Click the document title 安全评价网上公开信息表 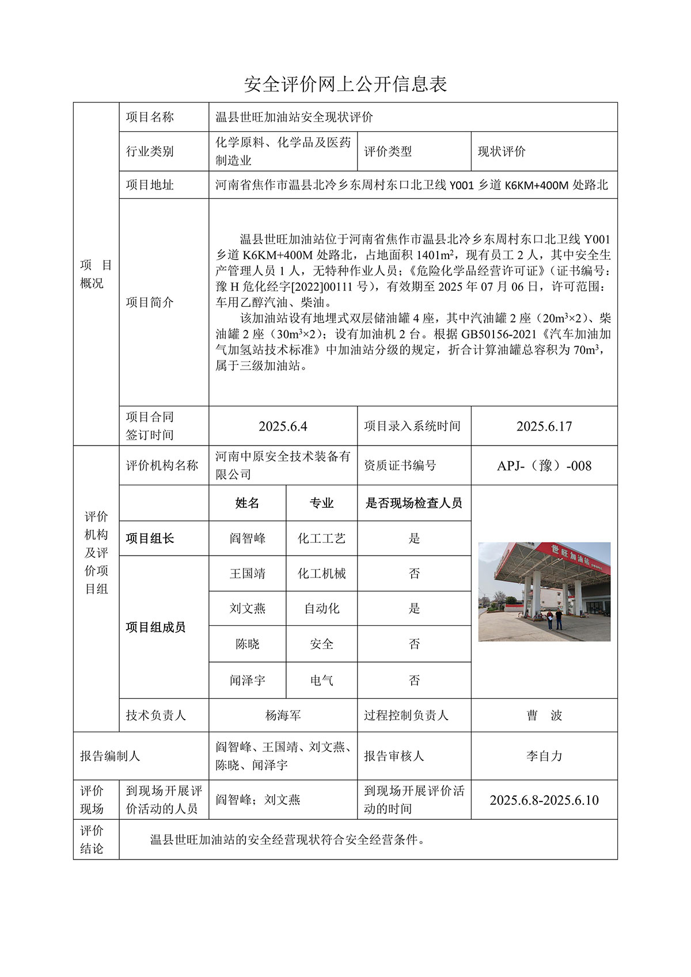[x=345, y=84]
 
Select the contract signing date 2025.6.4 [x=283, y=426]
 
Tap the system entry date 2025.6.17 [x=544, y=426]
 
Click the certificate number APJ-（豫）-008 [x=544, y=466]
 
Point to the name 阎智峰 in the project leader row [x=248, y=538]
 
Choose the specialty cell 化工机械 [x=321, y=573]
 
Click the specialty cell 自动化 [x=321, y=609]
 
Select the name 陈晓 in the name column [x=248, y=644]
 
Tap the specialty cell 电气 [x=321, y=681]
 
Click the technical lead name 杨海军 [x=283, y=716]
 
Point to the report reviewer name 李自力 [x=544, y=756]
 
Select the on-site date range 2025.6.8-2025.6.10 [x=544, y=800]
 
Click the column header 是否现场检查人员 [x=413, y=503]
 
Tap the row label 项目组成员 [x=155, y=627]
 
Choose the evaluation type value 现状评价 [x=502, y=151]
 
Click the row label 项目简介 [x=150, y=302]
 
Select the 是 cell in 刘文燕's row [x=414, y=609]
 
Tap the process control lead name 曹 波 [x=544, y=716]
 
